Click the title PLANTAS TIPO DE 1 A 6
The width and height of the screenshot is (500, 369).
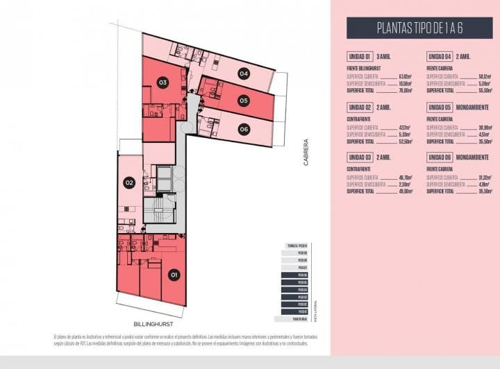point(419,28)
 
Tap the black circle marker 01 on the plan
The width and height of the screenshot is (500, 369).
point(174,275)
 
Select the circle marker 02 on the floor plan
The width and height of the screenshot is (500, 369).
point(129,183)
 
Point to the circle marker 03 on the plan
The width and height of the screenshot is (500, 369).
point(162,83)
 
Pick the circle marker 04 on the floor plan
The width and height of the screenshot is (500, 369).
point(243,73)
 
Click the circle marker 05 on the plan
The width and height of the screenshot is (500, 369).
point(243,101)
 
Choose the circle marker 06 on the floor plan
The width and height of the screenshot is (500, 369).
point(243,128)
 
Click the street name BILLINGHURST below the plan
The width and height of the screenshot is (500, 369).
point(153,324)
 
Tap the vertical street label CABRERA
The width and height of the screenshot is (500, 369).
point(306,153)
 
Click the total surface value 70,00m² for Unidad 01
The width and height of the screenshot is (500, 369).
point(405,90)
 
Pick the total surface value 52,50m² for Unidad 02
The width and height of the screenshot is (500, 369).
point(405,141)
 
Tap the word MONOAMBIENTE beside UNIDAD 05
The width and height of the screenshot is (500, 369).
point(474,107)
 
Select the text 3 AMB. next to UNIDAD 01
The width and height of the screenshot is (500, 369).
point(384,56)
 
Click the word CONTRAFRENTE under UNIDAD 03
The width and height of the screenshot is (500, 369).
point(357,169)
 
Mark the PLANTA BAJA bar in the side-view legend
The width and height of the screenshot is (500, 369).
point(299,318)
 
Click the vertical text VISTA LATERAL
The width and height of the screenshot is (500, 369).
point(315,309)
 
